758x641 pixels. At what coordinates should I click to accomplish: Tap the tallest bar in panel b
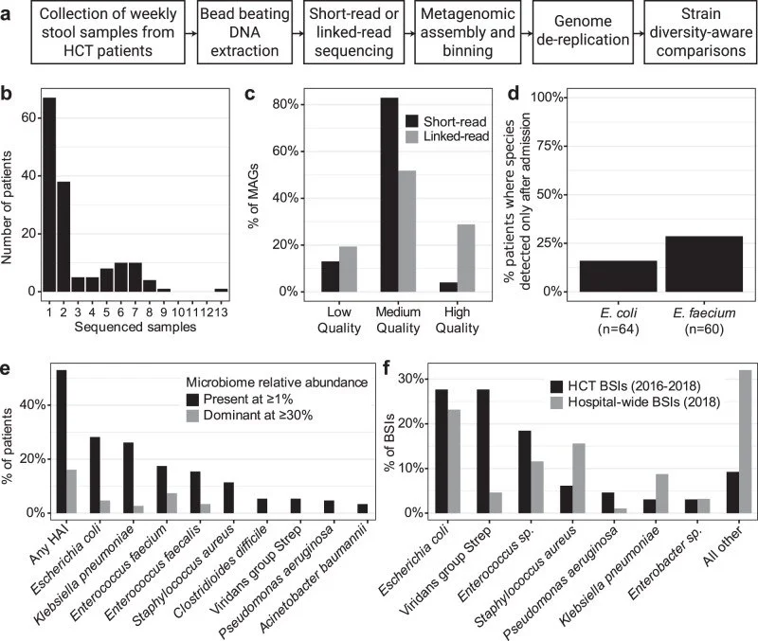coord(50,194)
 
